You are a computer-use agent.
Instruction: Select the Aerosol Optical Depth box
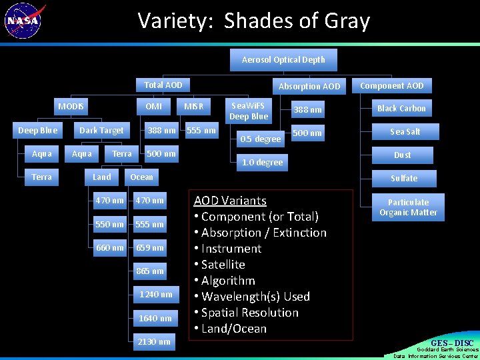point(283,60)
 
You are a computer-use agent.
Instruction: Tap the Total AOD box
point(163,85)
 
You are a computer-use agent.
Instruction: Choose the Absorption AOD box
point(309,86)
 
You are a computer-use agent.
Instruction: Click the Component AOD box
point(391,85)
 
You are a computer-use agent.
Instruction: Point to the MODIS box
point(71,107)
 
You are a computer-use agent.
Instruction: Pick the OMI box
point(153,107)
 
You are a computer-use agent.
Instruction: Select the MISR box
point(194,107)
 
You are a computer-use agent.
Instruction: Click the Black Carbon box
point(401,108)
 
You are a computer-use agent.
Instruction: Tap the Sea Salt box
point(405,131)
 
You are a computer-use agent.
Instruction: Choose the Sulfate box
point(404,178)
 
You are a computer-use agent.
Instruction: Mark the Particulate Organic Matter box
point(408,207)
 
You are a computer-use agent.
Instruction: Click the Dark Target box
point(101,131)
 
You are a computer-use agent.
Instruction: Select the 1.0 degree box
point(262,162)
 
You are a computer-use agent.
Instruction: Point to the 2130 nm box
point(153,341)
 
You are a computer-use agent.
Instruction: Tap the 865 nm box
point(149,271)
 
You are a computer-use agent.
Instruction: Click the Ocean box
point(141,177)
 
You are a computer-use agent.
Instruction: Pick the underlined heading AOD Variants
point(229,201)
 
